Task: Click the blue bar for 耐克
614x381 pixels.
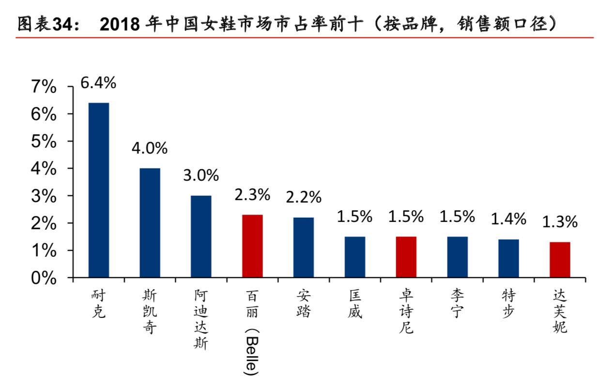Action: point(98,190)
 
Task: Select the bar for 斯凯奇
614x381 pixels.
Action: point(150,222)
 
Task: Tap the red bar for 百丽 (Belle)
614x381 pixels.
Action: point(252,246)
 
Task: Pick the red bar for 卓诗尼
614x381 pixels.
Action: point(406,257)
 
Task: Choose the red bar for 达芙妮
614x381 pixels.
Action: point(560,259)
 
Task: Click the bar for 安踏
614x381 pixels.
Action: point(304,247)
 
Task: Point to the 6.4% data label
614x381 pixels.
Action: point(98,83)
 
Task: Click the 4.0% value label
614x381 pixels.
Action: point(150,148)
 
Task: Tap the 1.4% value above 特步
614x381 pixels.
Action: point(508,219)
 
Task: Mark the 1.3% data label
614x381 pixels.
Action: point(560,222)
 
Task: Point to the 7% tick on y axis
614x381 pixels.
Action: point(44,87)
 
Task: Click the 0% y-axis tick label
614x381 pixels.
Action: point(44,278)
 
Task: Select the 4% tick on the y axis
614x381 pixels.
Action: point(44,169)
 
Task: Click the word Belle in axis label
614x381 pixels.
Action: point(252,354)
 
